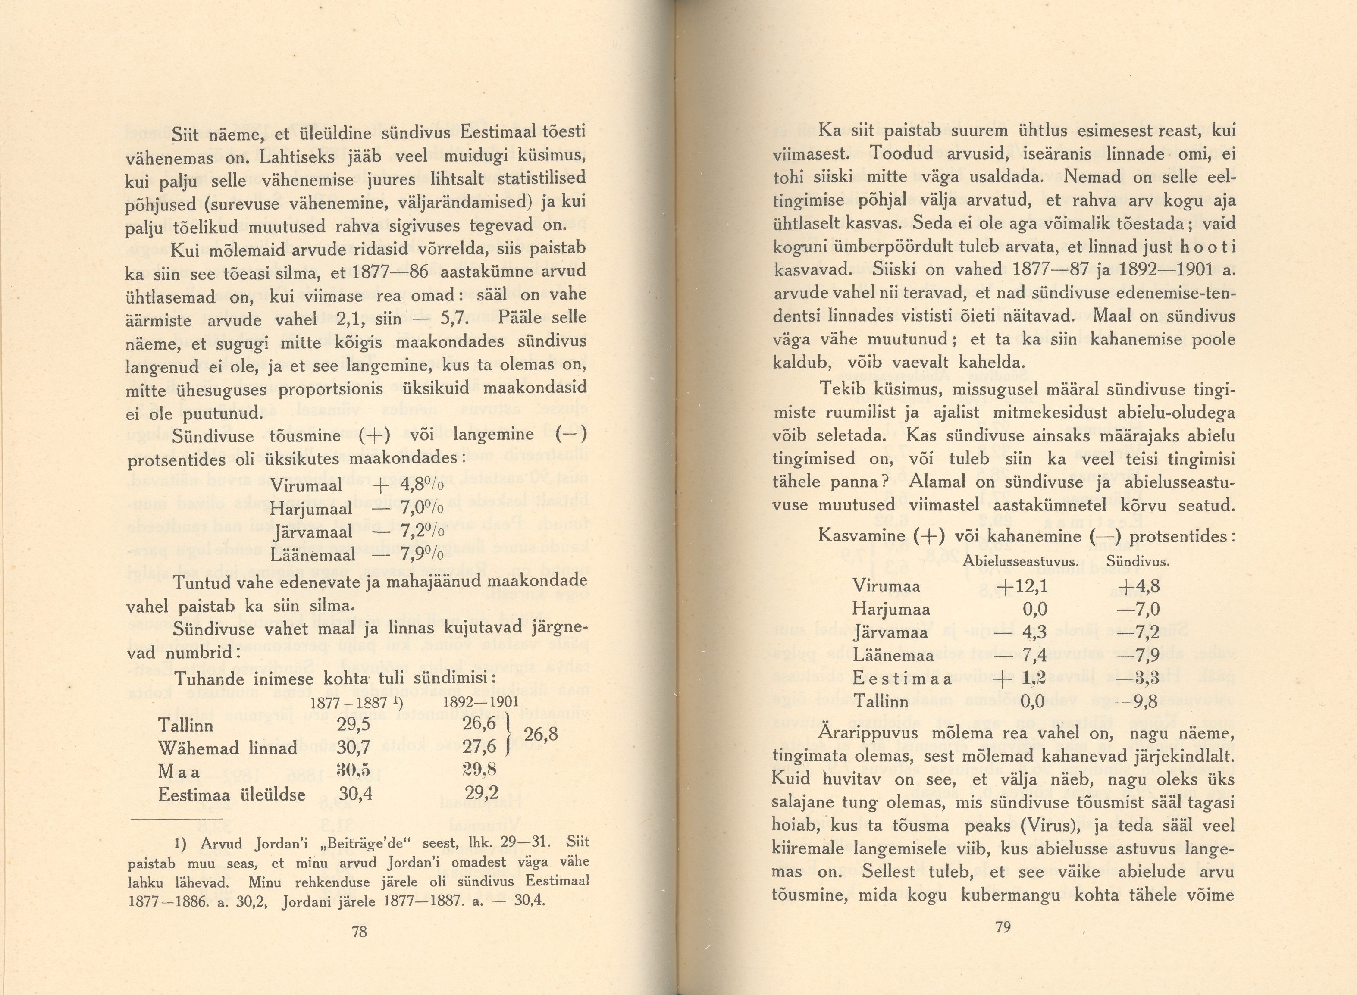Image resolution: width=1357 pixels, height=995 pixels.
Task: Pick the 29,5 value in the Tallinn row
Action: tap(354, 725)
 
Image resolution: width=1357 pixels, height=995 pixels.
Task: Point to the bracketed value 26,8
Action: tap(541, 735)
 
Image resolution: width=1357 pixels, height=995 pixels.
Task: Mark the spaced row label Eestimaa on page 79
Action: tap(902, 679)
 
